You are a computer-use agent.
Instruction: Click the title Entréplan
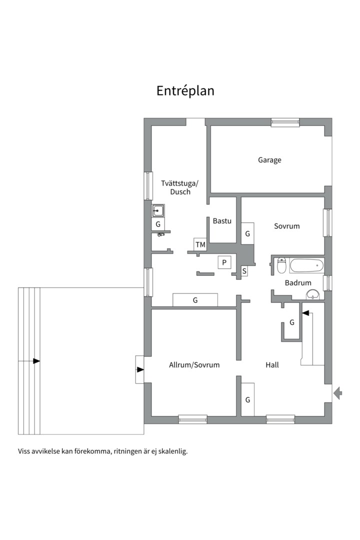(x=185, y=91)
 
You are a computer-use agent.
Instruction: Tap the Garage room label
(x=269, y=160)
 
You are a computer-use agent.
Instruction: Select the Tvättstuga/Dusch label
(x=180, y=187)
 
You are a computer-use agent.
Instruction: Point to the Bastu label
(x=222, y=220)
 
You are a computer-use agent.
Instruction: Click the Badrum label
(x=298, y=283)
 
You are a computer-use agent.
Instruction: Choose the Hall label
(x=272, y=365)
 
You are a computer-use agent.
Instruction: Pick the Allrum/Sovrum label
(x=194, y=365)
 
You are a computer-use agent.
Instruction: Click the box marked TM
(x=200, y=244)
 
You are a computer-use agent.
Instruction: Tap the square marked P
(x=224, y=262)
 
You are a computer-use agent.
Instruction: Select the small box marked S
(x=244, y=271)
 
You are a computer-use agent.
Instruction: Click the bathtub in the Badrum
(x=306, y=265)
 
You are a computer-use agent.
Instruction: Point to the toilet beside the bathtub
(x=281, y=265)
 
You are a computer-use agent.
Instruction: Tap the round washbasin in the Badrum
(x=313, y=294)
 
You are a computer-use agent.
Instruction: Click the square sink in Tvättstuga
(x=158, y=210)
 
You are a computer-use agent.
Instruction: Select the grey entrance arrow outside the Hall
(x=338, y=393)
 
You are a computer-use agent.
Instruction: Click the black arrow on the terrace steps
(x=36, y=360)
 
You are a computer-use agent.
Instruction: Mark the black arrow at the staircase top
(x=305, y=313)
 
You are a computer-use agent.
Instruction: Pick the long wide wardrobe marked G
(x=195, y=300)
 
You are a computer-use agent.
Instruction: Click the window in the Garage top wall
(x=285, y=121)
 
